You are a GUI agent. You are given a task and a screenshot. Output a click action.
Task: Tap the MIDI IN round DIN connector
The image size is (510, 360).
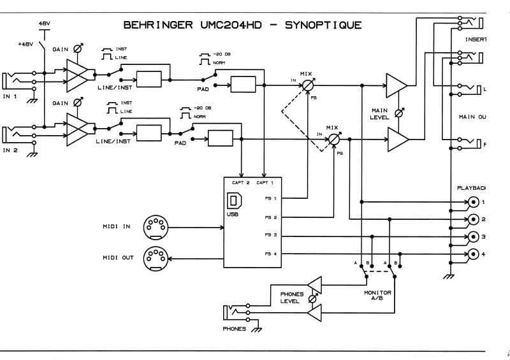pos(154,226)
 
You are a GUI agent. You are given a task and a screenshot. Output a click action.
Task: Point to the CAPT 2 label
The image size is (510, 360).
pos(240,183)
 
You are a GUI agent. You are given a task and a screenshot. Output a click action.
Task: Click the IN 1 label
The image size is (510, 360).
pos(11,98)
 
